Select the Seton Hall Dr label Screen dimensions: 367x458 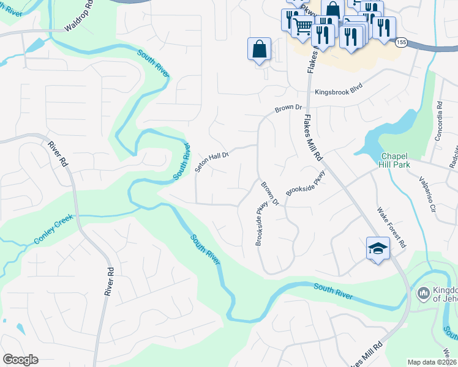coord(212,161)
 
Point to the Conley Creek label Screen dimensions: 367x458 coord(53,229)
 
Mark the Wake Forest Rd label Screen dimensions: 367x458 coord(391,226)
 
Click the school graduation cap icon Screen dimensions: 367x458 coord(378,248)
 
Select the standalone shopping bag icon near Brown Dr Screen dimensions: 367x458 coord(259,48)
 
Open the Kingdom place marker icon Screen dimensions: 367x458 coord(423,294)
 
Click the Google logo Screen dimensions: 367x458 coord(20,360)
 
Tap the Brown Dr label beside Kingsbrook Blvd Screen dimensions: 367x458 coord(289,108)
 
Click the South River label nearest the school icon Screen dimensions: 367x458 coord(333,291)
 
